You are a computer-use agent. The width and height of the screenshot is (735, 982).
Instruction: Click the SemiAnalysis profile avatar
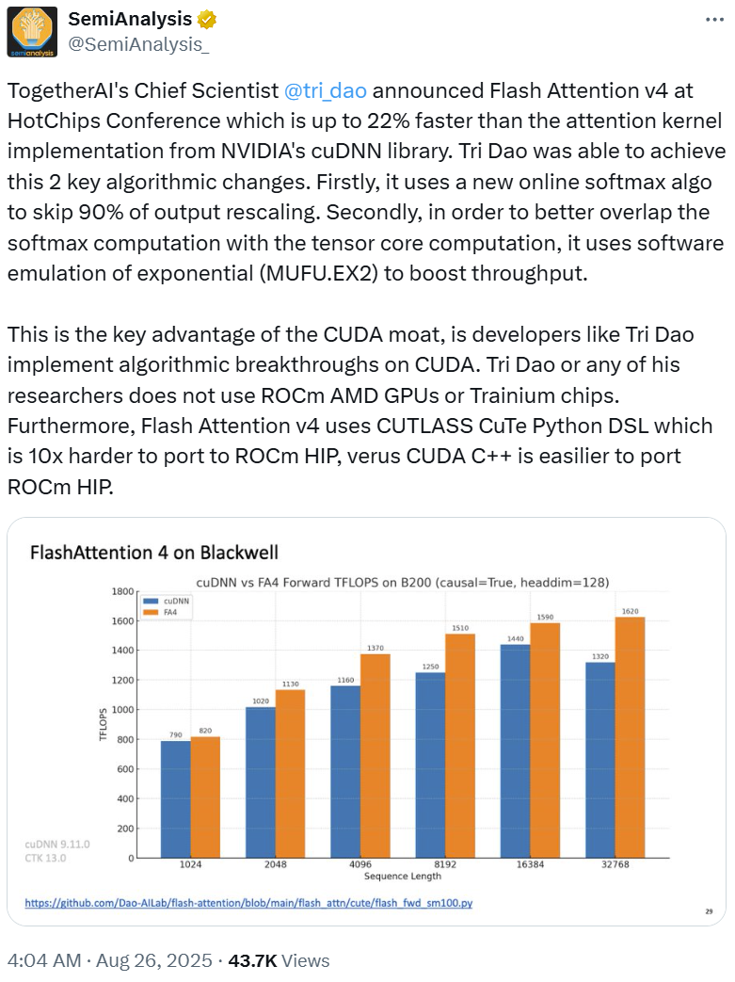[x=31, y=31]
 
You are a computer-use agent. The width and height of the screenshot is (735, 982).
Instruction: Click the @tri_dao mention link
[x=326, y=91]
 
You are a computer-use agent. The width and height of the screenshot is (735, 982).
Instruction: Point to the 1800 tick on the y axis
[x=122, y=591]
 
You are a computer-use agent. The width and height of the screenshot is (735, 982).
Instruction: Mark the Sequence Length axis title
[x=404, y=877]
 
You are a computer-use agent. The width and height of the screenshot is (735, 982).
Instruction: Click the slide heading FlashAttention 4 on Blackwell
[x=154, y=552]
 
